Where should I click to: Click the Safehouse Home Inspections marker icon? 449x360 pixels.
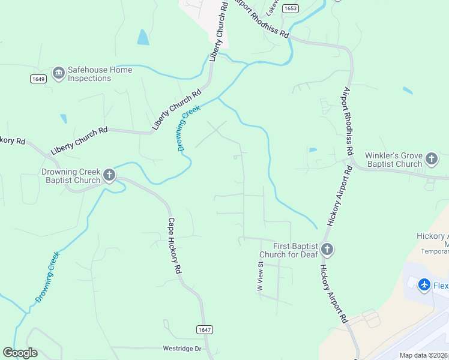pos(59,73)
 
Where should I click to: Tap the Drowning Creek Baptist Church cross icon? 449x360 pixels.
pos(109,175)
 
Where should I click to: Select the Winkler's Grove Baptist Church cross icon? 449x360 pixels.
pos(431,160)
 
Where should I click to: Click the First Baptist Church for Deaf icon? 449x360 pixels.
pos(327,249)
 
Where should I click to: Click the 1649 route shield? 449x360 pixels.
pos(37,79)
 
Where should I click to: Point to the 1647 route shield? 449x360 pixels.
pos(204,329)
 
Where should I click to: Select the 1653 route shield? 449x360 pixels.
pos(291,8)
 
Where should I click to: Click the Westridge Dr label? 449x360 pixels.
pos(183,349)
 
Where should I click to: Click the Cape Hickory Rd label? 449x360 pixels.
pos(174,246)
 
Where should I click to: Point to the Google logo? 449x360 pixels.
pos(20,353)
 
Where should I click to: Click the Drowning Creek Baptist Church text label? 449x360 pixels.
pos(71,176)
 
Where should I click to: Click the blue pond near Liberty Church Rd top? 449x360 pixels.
pos(143,37)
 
